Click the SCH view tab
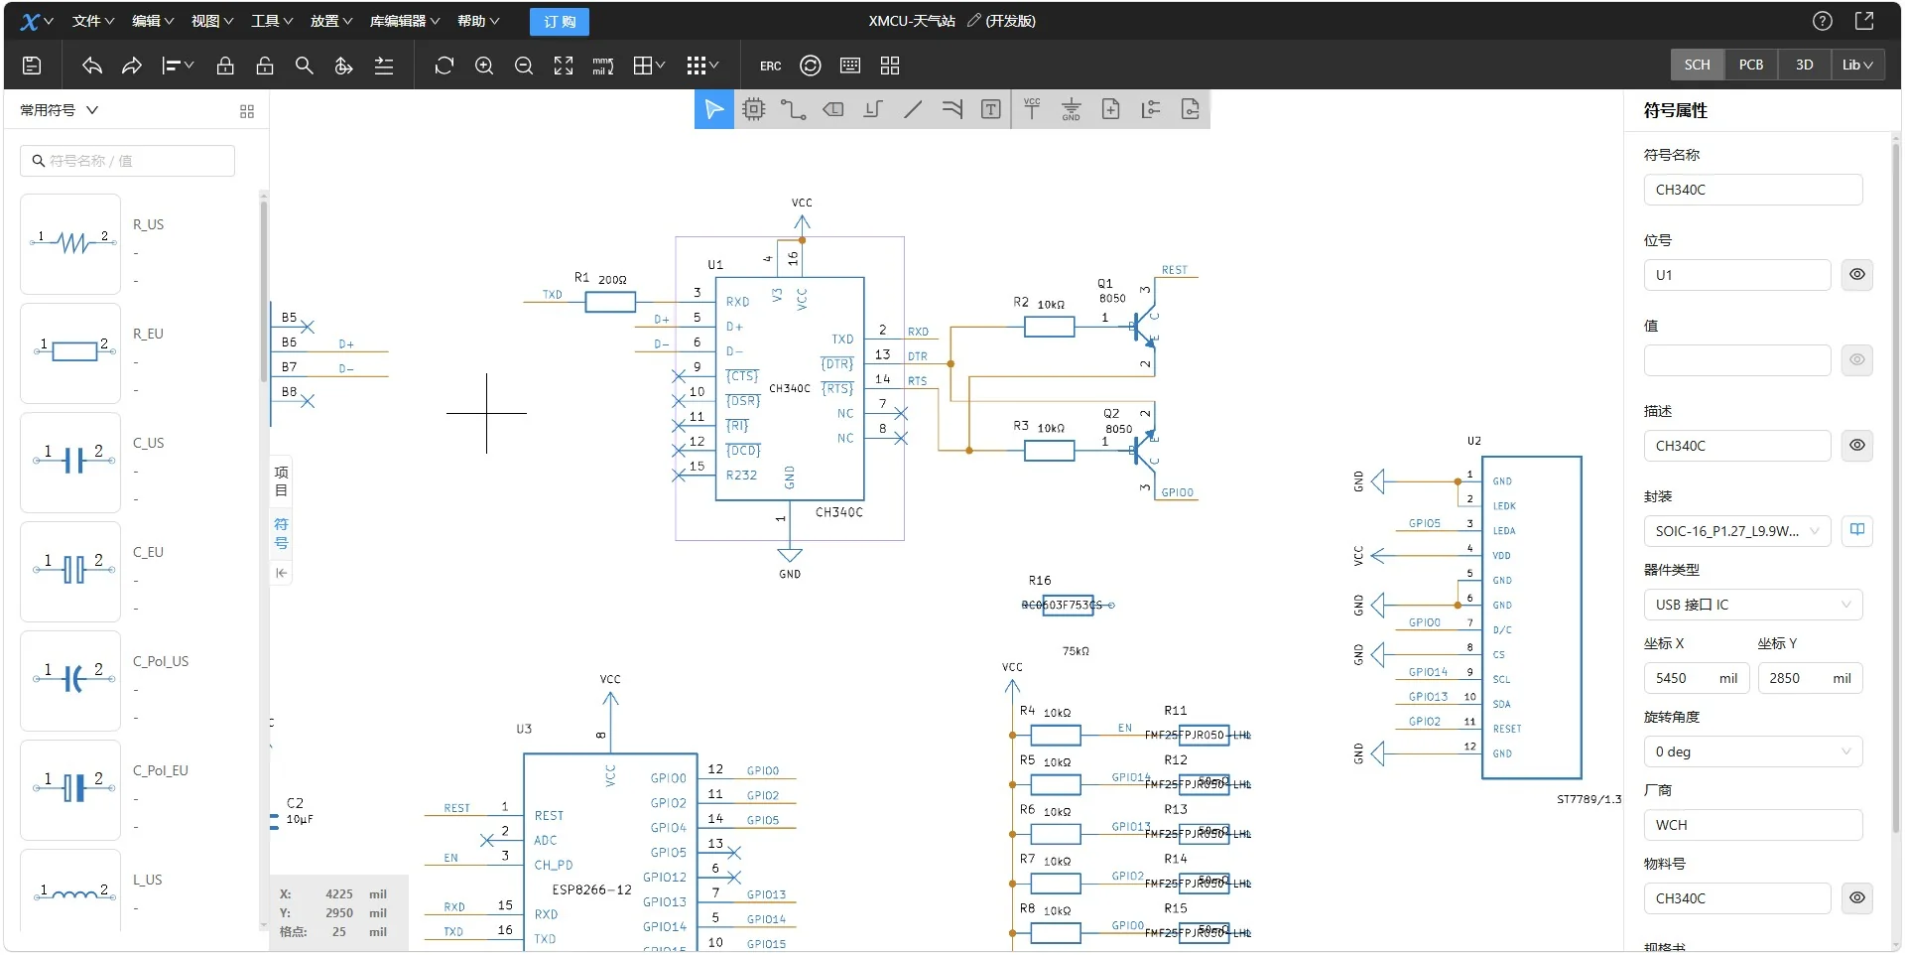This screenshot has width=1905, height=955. pos(1697,65)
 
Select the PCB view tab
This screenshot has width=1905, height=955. pos(1750,65)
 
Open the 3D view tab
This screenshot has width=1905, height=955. pos(1804,65)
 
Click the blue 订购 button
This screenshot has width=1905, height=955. pos(560,21)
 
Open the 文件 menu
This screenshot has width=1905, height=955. pos(92,21)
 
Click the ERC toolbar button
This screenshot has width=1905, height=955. pos(770,66)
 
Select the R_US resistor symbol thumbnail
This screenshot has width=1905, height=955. pos(70,243)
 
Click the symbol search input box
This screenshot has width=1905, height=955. pos(129,161)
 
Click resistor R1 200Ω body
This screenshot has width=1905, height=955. pos(609,302)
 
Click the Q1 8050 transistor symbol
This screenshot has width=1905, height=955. pos(1143,327)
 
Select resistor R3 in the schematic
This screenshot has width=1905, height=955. pos(1049,451)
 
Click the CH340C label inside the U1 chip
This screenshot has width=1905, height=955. pos(790,388)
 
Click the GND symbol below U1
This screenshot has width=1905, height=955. pos(790,557)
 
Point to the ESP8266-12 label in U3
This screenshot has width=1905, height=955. pos(591,889)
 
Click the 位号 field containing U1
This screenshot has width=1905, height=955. pos(1736,275)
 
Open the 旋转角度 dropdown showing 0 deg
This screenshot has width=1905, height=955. pos(1752,751)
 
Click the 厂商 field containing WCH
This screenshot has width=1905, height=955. pos(1752,825)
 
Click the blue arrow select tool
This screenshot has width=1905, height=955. pos(713,109)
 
